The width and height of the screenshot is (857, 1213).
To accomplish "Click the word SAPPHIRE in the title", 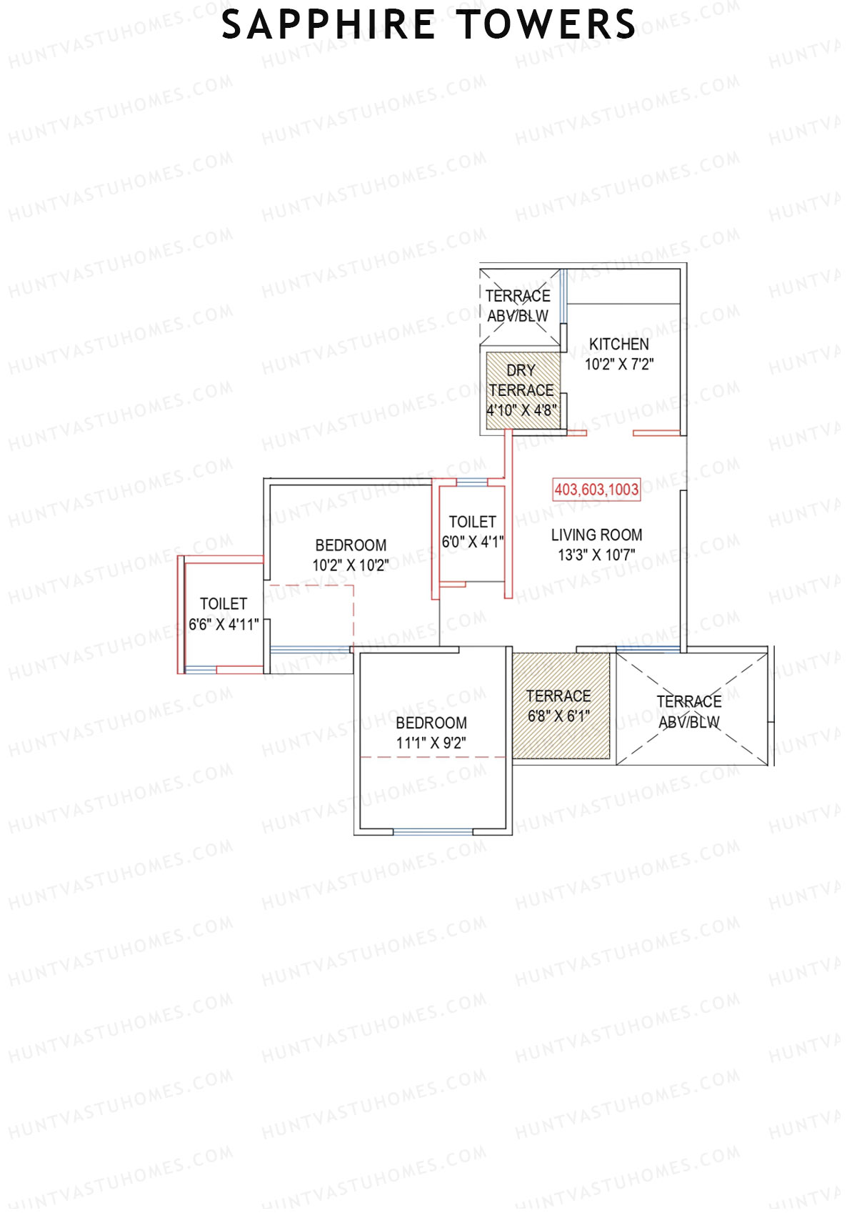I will tap(328, 24).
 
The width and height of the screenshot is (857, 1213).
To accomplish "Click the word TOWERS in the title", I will tap(546, 24).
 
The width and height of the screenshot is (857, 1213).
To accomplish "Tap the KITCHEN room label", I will tap(618, 344).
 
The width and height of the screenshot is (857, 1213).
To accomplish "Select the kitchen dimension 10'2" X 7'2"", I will tap(618, 365).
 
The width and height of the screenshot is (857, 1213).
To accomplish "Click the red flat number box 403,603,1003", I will tap(596, 490).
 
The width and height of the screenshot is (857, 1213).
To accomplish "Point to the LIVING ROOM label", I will tap(596, 535).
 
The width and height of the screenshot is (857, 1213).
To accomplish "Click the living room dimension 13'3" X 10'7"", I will tap(596, 555).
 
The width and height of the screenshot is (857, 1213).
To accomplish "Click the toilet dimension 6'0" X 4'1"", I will tap(472, 542).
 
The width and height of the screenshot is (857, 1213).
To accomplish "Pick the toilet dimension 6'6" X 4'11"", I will tap(224, 625).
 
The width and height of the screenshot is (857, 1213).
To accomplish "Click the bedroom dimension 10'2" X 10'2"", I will tap(350, 565).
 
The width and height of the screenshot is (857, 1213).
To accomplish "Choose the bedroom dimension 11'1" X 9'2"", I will tap(431, 743).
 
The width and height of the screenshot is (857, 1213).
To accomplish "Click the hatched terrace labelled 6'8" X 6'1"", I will tap(561, 706).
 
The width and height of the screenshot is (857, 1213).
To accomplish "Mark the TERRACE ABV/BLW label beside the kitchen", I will tap(518, 305).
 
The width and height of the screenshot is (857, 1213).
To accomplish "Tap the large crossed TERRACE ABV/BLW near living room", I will tap(689, 711).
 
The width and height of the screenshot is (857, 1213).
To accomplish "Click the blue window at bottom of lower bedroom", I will tap(433, 832).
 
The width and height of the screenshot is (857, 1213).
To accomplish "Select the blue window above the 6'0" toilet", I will tap(471, 482).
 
